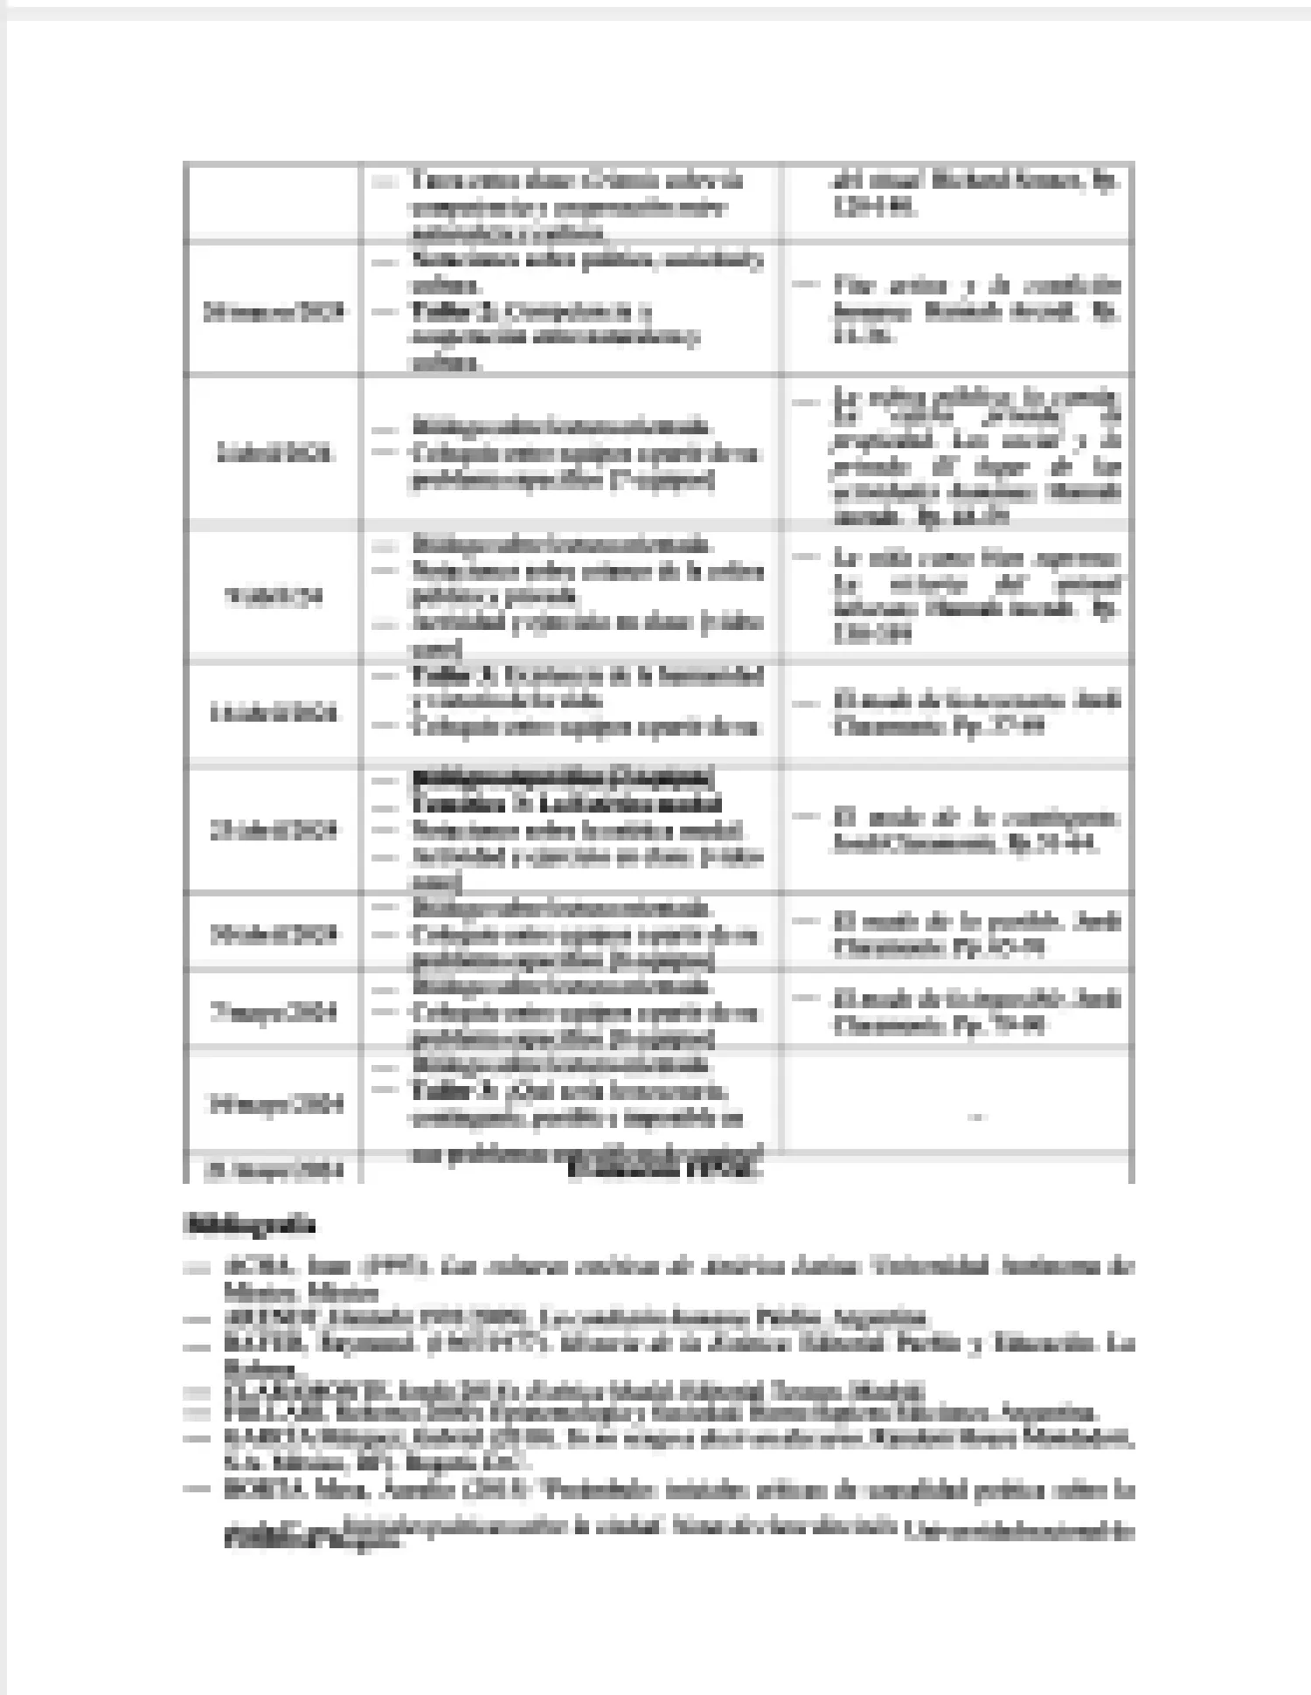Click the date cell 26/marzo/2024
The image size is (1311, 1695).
[273, 312]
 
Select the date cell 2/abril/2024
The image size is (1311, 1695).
[273, 453]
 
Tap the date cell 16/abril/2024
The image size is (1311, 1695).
[273, 714]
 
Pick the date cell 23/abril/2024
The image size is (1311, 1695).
[273, 830]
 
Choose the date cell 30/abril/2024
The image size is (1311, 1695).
[273, 934]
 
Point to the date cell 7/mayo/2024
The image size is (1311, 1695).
[273, 1013]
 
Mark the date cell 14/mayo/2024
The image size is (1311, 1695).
[273, 1104]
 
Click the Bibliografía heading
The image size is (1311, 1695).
[249, 1225]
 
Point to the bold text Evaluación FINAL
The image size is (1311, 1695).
[664, 1171]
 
